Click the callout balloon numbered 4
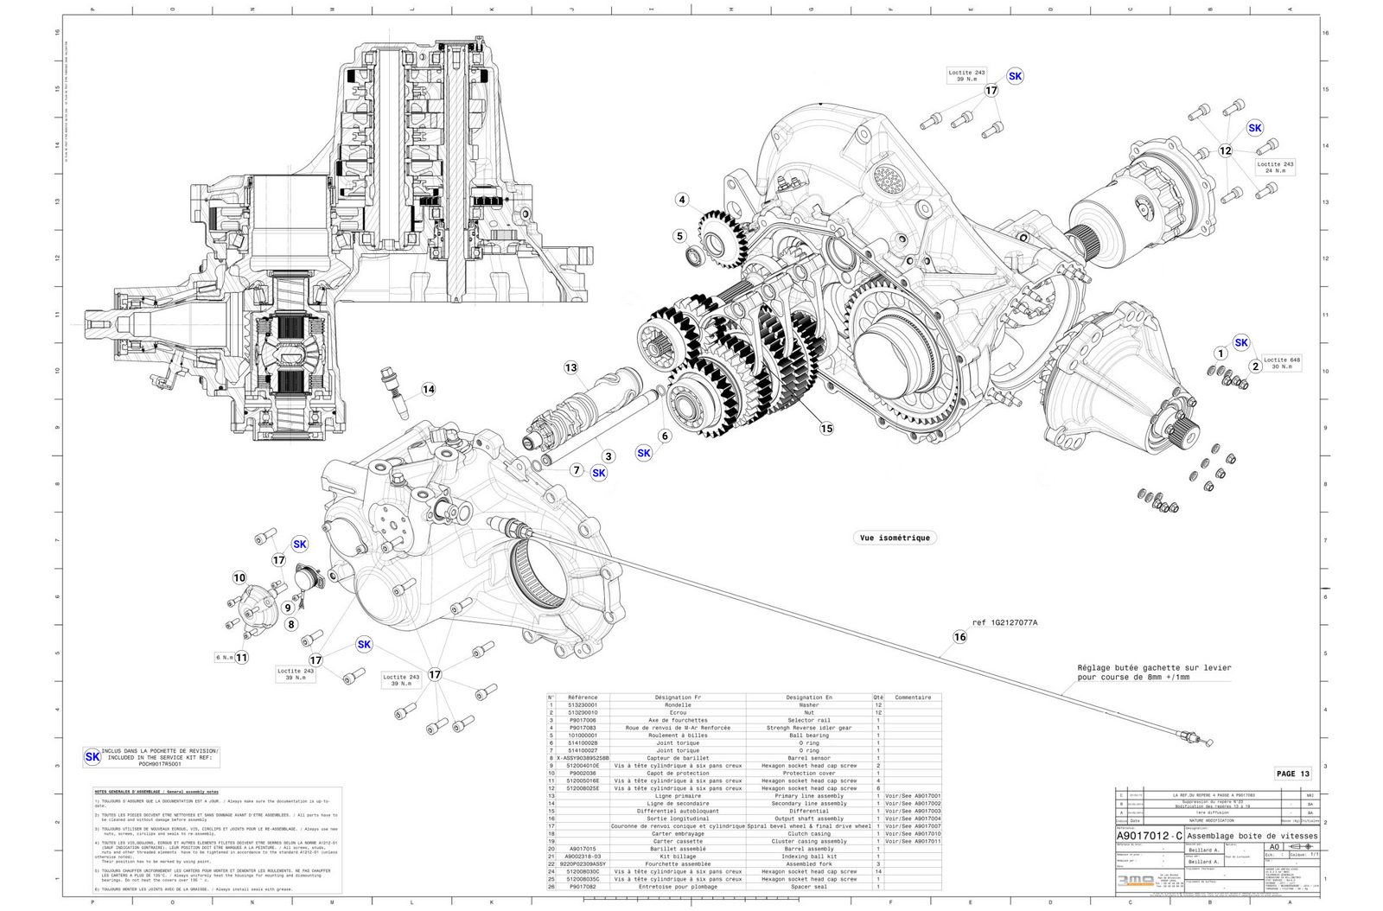pyautogui.click(x=682, y=200)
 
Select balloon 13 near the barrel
pyautogui.click(x=570, y=367)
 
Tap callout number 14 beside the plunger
pyautogui.click(x=429, y=389)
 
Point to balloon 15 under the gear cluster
pyautogui.click(x=826, y=428)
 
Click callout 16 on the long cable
pyautogui.click(x=959, y=637)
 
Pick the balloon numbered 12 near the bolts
pyautogui.click(x=1225, y=150)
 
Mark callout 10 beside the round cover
pyautogui.click(x=239, y=577)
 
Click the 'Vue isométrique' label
pyautogui.click(x=895, y=538)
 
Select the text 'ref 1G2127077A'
pyautogui.click(x=1004, y=622)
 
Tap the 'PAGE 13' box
pyautogui.click(x=1293, y=774)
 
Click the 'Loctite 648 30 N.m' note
pyautogui.click(x=1281, y=363)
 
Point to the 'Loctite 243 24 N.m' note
pyautogui.click(x=1275, y=167)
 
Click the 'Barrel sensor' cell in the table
pyautogui.click(x=809, y=758)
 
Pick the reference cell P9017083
pyautogui.click(x=583, y=728)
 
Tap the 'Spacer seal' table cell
pyautogui.click(x=809, y=886)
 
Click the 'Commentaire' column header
pyautogui.click(x=913, y=698)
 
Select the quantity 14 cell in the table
pyautogui.click(x=878, y=871)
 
